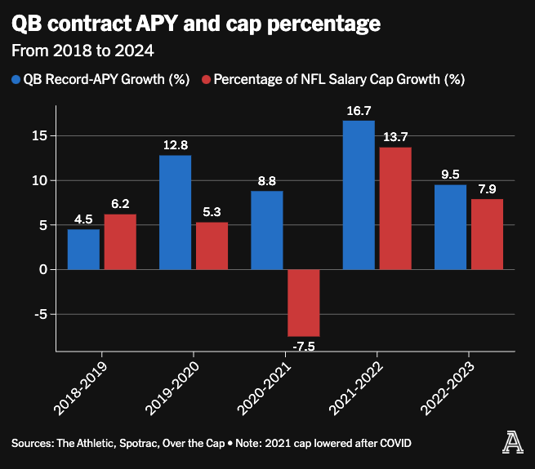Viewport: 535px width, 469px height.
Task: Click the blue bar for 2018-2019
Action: (83, 250)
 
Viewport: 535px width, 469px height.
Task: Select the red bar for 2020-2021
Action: (303, 303)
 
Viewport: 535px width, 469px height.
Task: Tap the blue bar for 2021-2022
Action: (359, 195)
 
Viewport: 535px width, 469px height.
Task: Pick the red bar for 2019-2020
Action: (212, 246)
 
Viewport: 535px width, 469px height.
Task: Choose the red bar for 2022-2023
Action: (487, 234)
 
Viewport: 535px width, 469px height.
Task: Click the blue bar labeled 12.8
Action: (175, 212)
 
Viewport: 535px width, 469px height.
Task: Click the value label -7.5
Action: (303, 346)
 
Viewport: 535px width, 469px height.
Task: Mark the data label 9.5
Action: (450, 175)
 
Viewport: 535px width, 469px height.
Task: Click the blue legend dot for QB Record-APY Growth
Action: (16, 79)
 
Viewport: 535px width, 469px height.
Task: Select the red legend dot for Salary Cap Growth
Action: (207, 79)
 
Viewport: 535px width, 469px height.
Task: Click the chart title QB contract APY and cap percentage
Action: (195, 24)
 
